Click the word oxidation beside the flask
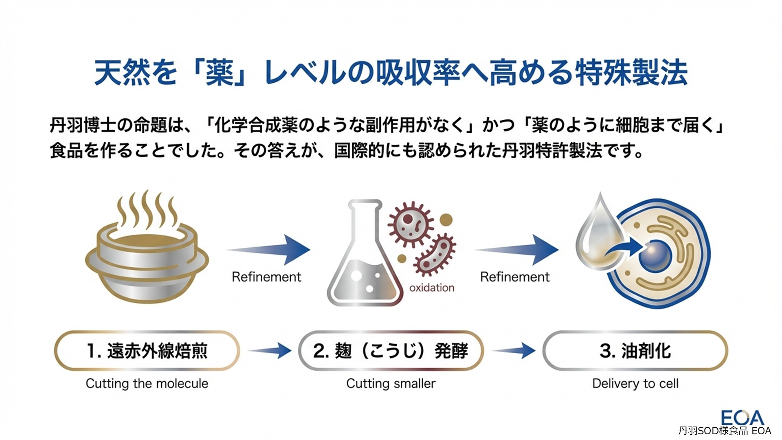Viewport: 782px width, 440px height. pos(432,288)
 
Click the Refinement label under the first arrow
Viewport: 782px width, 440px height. pos(266,277)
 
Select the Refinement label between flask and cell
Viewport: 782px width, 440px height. pos(515,277)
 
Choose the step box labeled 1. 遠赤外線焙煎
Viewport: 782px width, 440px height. pos(147,351)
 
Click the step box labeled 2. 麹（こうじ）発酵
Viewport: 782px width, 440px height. pos(391,351)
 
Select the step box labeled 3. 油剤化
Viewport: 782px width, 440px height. pos(635,351)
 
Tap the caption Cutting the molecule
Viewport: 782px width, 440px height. pos(147,383)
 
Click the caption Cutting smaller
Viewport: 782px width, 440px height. pos(391,383)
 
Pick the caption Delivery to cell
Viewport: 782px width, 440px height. pos(635,383)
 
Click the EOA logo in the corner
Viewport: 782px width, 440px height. pos(742,418)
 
